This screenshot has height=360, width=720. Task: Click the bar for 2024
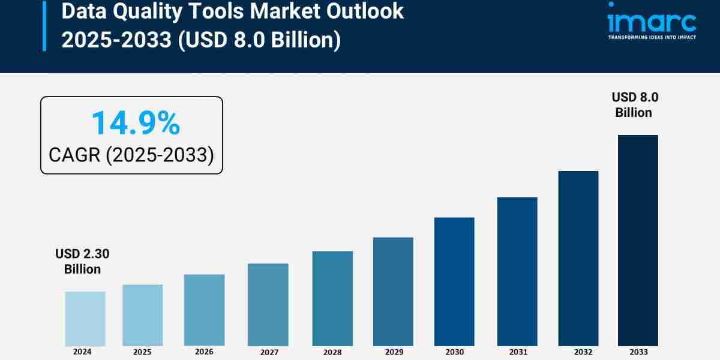click(x=85, y=319)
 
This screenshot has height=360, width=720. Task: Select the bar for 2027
click(x=268, y=304)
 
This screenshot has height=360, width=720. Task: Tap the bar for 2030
click(x=454, y=281)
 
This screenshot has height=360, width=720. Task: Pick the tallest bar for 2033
click(x=638, y=240)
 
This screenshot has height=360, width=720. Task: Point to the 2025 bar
click(x=143, y=315)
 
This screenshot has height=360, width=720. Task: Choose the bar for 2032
click(x=578, y=258)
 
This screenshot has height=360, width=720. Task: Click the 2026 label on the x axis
click(x=204, y=352)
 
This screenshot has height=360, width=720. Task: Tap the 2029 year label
click(x=393, y=352)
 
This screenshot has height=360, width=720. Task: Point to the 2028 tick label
click(x=332, y=352)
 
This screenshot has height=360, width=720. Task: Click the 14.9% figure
click(x=135, y=124)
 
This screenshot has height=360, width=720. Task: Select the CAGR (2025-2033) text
click(x=131, y=155)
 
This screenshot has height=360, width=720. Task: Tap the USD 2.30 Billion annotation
click(x=82, y=262)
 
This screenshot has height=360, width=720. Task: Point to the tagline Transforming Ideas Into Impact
click(x=652, y=37)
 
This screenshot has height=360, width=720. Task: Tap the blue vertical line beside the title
click(x=44, y=25)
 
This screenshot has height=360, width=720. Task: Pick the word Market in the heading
click(x=280, y=11)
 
